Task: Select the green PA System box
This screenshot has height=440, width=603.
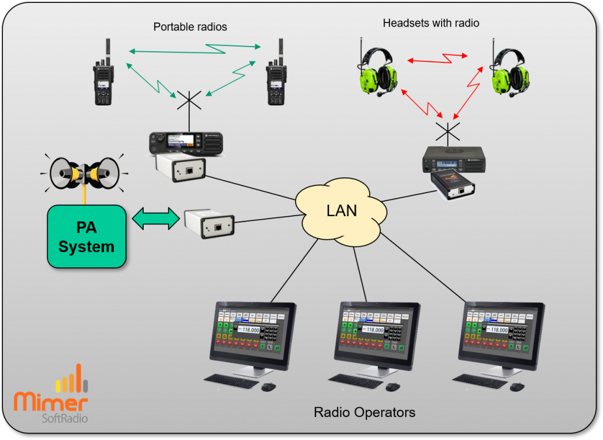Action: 86,236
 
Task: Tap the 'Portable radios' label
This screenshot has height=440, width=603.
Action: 190,27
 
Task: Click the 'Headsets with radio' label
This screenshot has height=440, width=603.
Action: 430,24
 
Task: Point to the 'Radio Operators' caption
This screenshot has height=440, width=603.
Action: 364,412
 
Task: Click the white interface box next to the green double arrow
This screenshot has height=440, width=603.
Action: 209,223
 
